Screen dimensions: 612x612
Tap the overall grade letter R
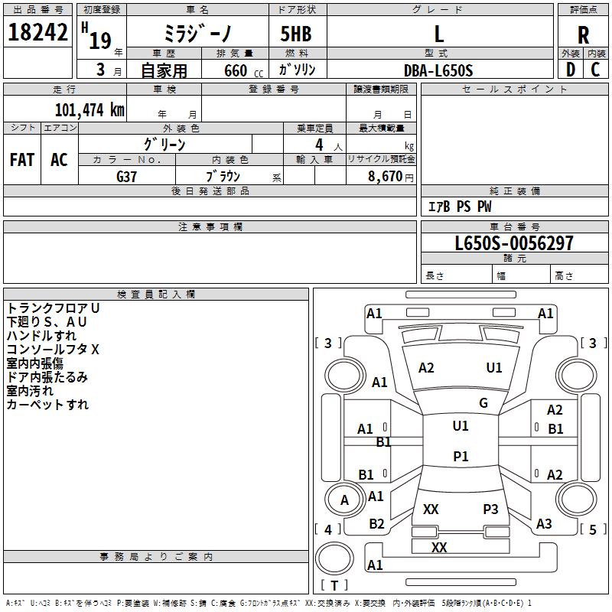(x=584, y=34)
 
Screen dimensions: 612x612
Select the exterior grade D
(x=570, y=70)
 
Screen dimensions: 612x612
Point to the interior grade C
(x=596, y=70)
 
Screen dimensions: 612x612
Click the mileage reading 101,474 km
(x=90, y=109)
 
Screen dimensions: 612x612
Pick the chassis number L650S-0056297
(x=514, y=244)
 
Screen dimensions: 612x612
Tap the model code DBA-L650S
(x=439, y=70)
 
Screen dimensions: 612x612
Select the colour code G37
(x=127, y=176)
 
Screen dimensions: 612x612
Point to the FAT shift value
(x=22, y=160)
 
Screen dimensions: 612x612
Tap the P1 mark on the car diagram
(x=461, y=457)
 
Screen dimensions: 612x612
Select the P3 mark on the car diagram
(x=490, y=509)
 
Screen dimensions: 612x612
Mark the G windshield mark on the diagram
(x=483, y=403)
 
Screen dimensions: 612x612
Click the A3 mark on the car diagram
(x=544, y=524)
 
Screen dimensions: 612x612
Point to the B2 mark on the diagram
(x=376, y=524)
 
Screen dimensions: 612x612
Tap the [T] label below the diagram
(x=334, y=586)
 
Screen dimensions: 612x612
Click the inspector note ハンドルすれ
(x=42, y=335)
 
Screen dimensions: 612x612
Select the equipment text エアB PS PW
(x=459, y=207)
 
